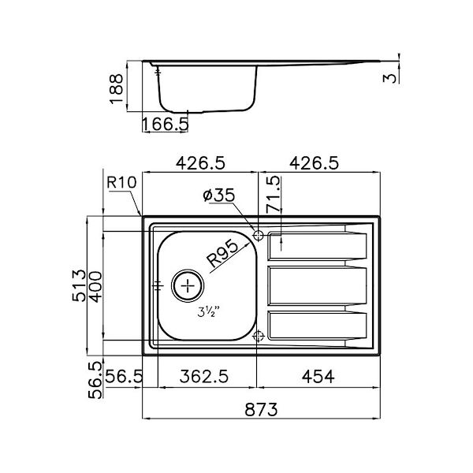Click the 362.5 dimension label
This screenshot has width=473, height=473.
pos(207,377)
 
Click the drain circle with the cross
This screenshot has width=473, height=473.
pos(188,285)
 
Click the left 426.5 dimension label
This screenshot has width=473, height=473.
pos(200,163)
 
